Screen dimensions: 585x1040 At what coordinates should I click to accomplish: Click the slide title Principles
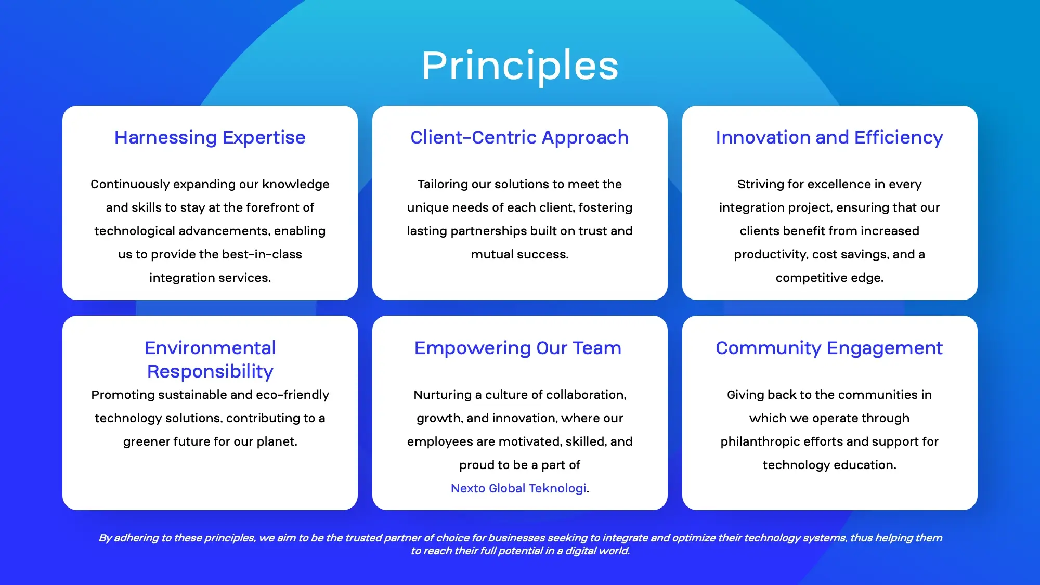pyautogui.click(x=520, y=66)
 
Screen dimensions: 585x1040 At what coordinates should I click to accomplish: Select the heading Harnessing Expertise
pyautogui.click(x=210, y=137)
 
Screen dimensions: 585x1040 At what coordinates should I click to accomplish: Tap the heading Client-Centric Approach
pyautogui.click(x=519, y=137)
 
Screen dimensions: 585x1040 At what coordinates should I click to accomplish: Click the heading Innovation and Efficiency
pyautogui.click(x=829, y=137)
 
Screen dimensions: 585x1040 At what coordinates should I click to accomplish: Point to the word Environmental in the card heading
pyautogui.click(x=210, y=348)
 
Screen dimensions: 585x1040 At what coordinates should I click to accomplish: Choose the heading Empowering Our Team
pyautogui.click(x=518, y=348)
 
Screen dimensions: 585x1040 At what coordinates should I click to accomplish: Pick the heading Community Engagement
pyautogui.click(x=829, y=348)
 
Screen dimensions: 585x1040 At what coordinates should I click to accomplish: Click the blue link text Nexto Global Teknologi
pyautogui.click(x=518, y=488)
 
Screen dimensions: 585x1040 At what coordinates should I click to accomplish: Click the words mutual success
pyautogui.click(x=519, y=254)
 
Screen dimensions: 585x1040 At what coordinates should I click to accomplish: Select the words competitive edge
pyautogui.click(x=829, y=278)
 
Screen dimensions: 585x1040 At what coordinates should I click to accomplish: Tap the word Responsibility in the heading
pyautogui.click(x=210, y=371)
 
